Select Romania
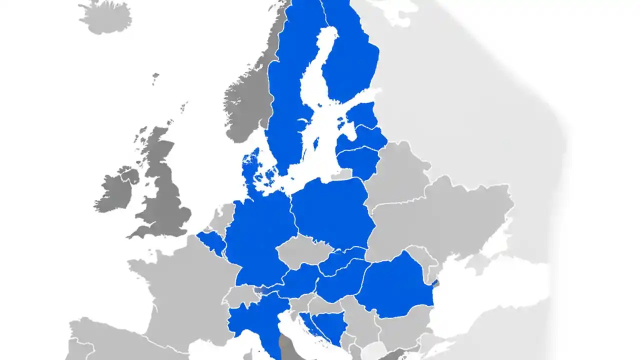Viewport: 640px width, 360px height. [395, 287]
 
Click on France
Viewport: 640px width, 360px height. [180, 290]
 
